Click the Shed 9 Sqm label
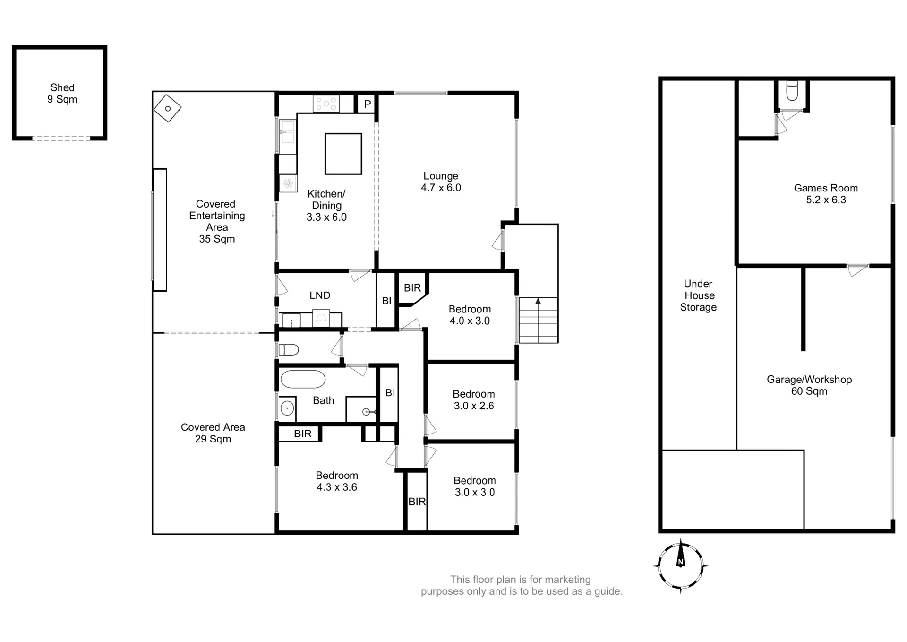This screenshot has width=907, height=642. (x=62, y=93)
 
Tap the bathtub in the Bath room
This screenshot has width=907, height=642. (x=303, y=379)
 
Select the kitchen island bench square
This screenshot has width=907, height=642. (x=343, y=154)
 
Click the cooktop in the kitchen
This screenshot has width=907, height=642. (x=326, y=104)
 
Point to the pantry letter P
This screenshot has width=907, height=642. (x=368, y=104)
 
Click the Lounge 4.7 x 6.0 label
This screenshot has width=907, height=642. (x=441, y=182)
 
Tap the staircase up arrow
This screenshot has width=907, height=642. (x=538, y=301)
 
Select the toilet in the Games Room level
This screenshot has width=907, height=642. (x=792, y=91)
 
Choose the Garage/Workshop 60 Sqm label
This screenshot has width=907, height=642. (x=809, y=385)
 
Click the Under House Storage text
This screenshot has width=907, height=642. (x=698, y=295)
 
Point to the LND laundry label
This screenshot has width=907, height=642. (x=320, y=295)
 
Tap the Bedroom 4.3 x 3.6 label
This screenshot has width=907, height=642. (x=337, y=481)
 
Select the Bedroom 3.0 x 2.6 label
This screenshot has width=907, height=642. (x=474, y=400)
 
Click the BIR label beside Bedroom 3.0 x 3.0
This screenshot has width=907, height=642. (x=417, y=502)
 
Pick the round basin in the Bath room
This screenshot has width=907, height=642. (x=287, y=408)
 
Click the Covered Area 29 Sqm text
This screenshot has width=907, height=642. (x=213, y=433)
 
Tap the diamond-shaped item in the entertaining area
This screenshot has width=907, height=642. (x=167, y=109)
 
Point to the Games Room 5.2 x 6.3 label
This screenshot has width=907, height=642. (x=826, y=194)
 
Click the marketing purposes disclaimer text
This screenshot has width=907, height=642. (x=522, y=585)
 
